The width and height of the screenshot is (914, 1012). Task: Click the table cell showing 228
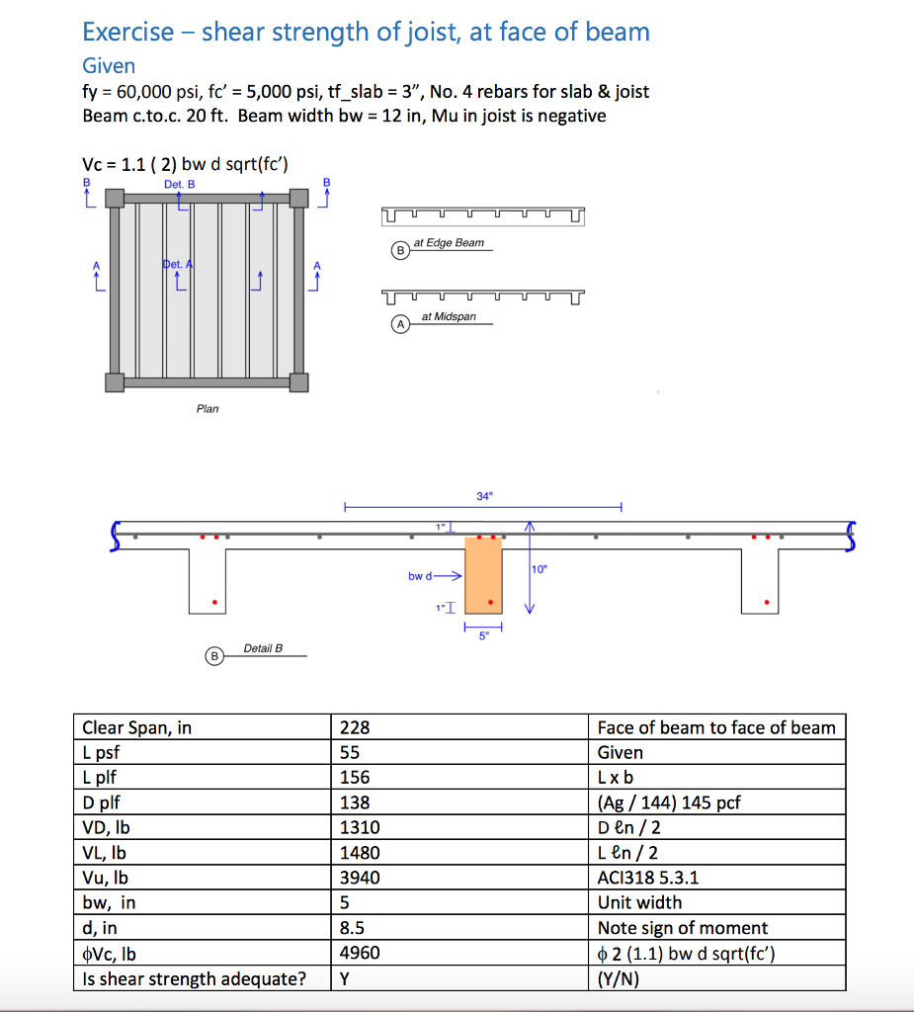pyautogui.click(x=355, y=727)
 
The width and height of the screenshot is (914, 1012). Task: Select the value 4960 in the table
pyautogui.click(x=360, y=953)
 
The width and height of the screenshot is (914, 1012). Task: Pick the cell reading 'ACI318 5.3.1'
pyautogui.click(x=648, y=878)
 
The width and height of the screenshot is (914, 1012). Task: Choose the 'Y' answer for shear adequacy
pyautogui.click(x=345, y=978)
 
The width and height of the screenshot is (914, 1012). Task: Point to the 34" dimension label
pyautogui.click(x=483, y=496)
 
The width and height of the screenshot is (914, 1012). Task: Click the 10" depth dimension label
pyautogui.click(x=540, y=569)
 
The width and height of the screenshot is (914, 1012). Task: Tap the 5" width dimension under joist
pyautogui.click(x=483, y=636)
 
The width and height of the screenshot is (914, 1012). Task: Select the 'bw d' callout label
pyautogui.click(x=420, y=574)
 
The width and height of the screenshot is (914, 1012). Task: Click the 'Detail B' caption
pyautogui.click(x=263, y=648)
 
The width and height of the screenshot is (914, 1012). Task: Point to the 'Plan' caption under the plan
pyautogui.click(x=208, y=408)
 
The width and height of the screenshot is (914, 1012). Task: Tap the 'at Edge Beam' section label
pyautogui.click(x=449, y=243)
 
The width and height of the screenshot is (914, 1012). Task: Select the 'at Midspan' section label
pyautogui.click(x=448, y=317)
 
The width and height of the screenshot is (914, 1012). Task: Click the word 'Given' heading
pyautogui.click(x=109, y=66)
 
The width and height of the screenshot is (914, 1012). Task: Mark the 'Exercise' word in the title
pyautogui.click(x=128, y=32)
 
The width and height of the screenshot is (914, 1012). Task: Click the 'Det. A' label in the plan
pyautogui.click(x=178, y=265)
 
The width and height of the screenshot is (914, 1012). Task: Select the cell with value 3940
pyautogui.click(x=360, y=878)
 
